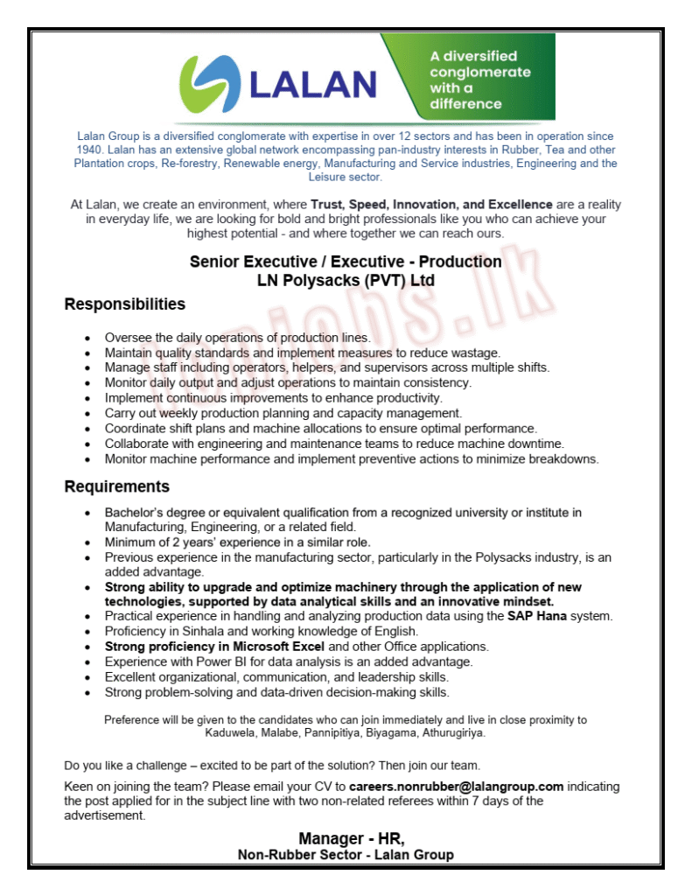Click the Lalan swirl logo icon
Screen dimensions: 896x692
(x=207, y=80)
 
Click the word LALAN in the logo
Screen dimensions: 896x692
(x=312, y=84)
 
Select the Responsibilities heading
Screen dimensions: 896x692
(x=125, y=304)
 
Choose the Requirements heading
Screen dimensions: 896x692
(x=117, y=486)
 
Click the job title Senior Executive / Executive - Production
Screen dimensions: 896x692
(x=346, y=262)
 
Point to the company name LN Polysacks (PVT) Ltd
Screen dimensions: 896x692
(x=346, y=281)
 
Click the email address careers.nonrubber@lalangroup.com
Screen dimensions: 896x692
(x=456, y=787)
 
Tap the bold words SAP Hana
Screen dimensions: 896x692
(x=532, y=617)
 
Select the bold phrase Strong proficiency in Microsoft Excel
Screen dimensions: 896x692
(x=214, y=647)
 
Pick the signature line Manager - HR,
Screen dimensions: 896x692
(x=346, y=838)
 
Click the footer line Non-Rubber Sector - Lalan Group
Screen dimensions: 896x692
(x=346, y=855)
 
